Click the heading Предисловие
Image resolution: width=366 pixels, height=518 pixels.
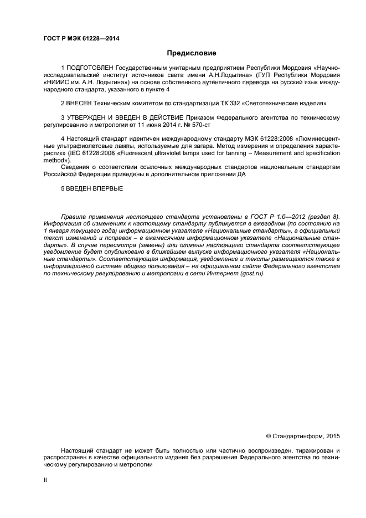point(192,53)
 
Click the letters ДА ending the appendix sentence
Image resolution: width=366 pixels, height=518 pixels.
point(241,174)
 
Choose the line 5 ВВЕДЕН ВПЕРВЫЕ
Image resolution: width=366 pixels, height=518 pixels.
point(92,188)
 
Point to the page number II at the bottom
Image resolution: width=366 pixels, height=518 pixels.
point(45,480)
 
